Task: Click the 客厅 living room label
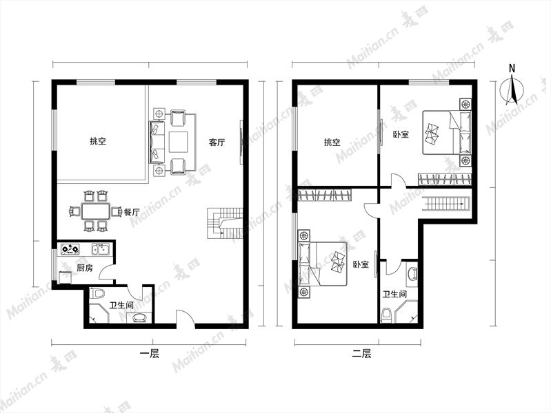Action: coord(217,142)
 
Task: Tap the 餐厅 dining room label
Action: coord(132,212)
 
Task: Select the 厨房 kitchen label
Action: coord(85,268)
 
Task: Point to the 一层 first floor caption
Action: coord(150,354)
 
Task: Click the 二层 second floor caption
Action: coord(361,354)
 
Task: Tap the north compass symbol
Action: coord(512,87)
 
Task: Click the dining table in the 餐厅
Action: coord(96,211)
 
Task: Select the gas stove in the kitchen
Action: coord(70,249)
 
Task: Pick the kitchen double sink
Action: coord(101,248)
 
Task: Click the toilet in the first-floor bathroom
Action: coord(97,293)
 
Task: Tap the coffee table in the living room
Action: coord(179,142)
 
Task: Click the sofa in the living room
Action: coord(157,142)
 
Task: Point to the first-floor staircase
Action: coord(225,224)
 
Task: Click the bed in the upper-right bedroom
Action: coord(447,132)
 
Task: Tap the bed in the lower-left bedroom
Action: coord(323,264)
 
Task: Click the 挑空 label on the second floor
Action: coord(332,142)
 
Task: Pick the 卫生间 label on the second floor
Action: coord(394,294)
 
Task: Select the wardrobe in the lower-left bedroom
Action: coord(324,195)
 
